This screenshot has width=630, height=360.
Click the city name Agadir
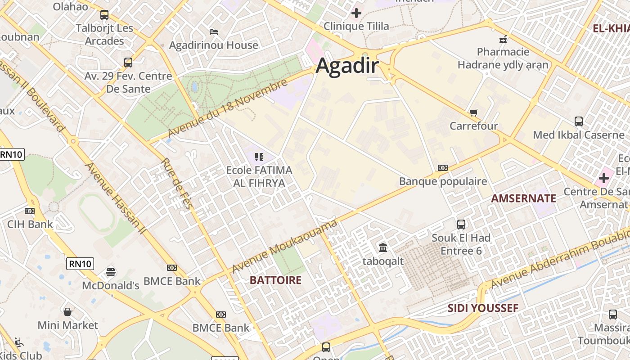click(347, 66)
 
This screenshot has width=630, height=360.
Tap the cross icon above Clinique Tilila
click(356, 13)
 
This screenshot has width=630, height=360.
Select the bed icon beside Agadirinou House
click(214, 32)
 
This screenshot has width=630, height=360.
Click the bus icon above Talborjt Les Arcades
click(104, 15)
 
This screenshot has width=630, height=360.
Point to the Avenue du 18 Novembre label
click(227, 109)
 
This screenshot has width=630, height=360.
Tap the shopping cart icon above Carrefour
click(473, 112)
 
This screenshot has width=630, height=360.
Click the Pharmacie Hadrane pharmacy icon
click(503, 39)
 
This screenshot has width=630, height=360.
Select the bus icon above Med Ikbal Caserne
click(579, 121)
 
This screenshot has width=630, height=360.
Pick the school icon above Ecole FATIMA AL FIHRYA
click(259, 157)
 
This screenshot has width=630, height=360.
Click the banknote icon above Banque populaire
click(443, 168)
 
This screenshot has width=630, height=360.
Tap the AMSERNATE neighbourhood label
click(523, 198)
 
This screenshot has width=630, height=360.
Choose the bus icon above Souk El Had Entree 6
click(461, 224)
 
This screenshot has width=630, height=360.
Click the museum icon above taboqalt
click(383, 247)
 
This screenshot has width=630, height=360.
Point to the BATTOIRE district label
click(275, 280)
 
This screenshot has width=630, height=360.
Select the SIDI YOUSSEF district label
click(483, 308)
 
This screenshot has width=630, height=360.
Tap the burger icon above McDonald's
click(111, 272)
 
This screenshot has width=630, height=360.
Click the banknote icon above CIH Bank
click(30, 211)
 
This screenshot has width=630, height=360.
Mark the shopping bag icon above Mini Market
click(67, 311)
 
